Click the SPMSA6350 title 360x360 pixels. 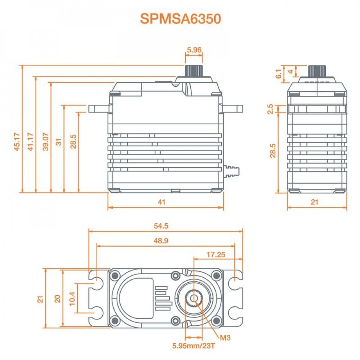point(180,19)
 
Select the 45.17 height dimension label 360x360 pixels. point(17,142)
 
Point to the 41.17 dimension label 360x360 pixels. point(31,142)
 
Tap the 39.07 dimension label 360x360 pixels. point(46,142)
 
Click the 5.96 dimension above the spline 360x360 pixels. point(194,50)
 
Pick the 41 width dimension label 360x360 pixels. point(162,202)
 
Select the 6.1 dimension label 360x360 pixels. point(278,73)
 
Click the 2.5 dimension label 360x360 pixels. point(271,109)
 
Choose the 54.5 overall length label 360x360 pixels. point(161,226)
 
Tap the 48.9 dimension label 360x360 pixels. point(161,240)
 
